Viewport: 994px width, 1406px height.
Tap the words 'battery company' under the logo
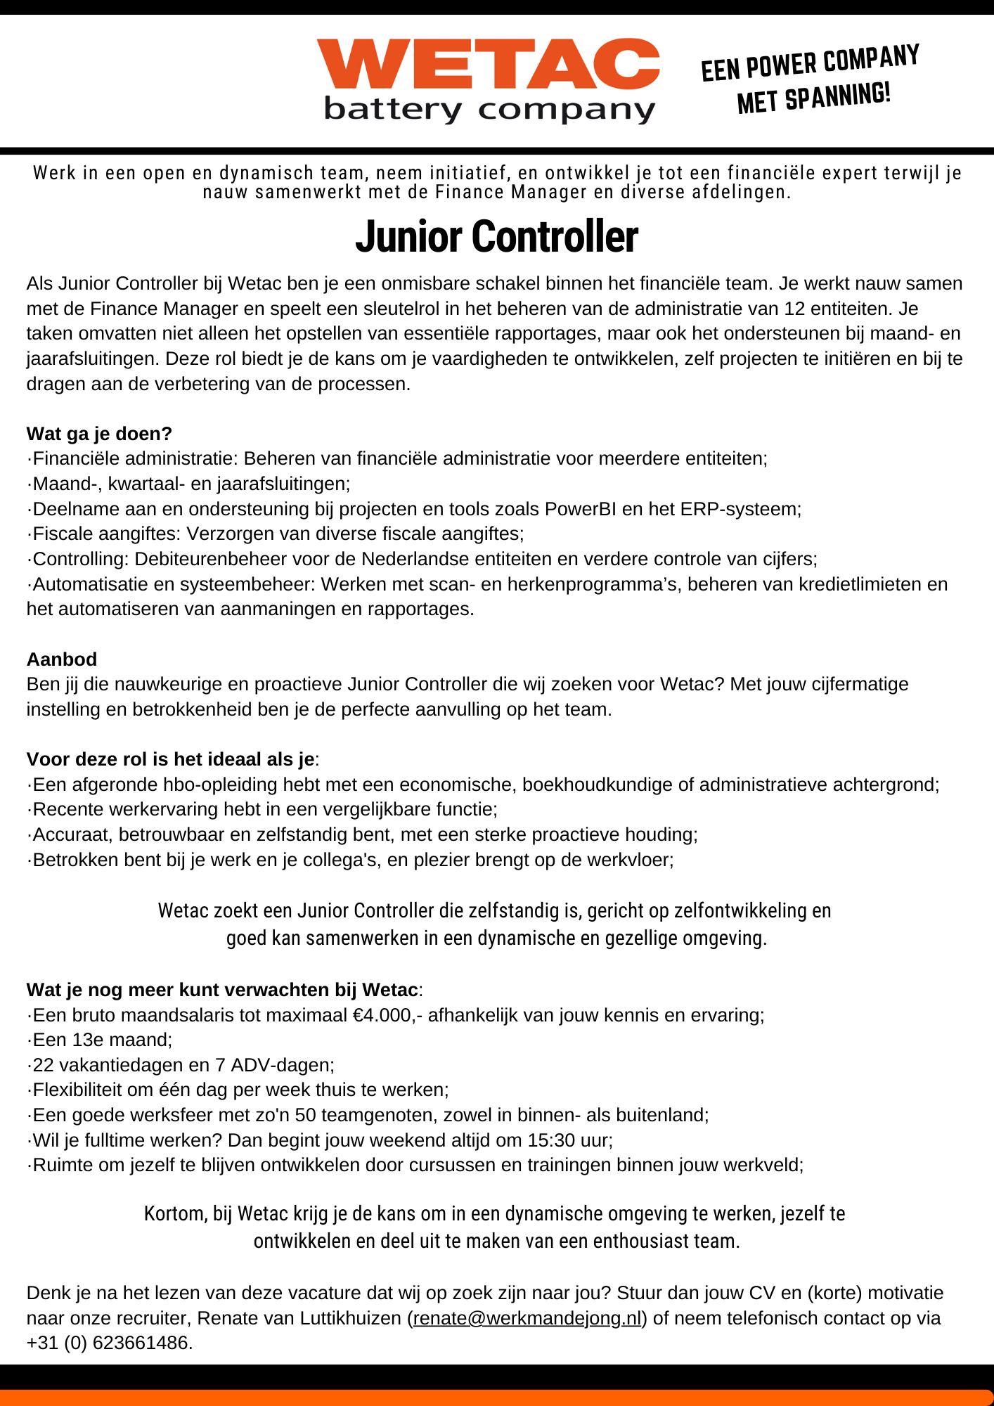point(489,110)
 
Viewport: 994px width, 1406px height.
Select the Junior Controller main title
point(496,236)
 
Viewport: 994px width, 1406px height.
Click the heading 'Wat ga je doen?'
point(99,434)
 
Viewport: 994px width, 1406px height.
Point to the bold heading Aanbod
point(62,659)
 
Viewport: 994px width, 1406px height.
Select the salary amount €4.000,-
point(388,1015)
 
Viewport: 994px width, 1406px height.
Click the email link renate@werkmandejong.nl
point(527,1318)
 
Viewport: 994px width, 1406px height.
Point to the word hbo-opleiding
point(221,785)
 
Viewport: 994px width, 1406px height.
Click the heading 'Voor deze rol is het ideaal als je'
point(170,759)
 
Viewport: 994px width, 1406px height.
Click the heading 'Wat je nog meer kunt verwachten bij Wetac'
point(222,990)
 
